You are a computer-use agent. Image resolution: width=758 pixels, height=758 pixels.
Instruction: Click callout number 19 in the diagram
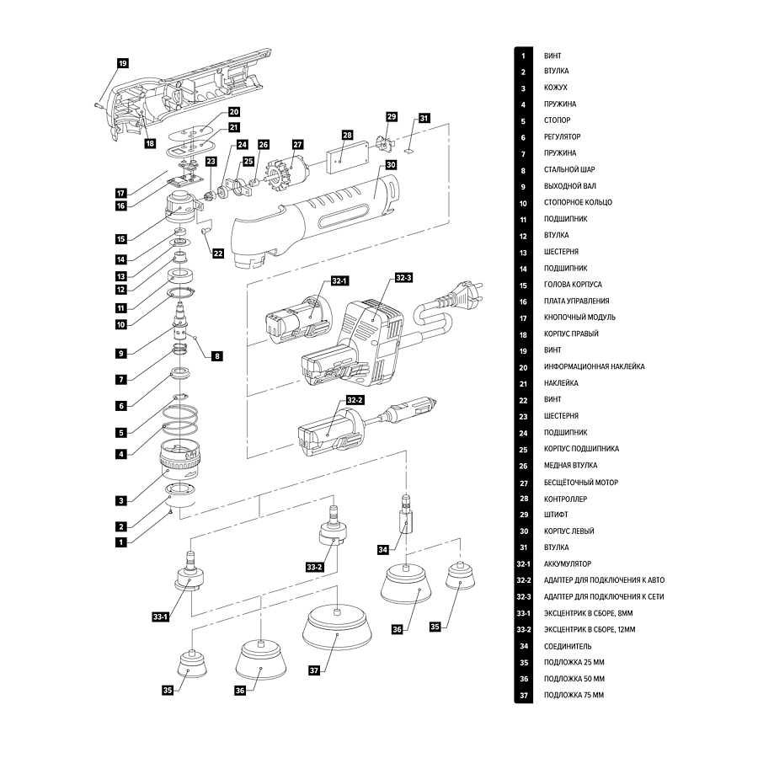[122, 63]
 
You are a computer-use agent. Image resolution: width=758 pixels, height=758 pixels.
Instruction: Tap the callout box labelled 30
[391, 165]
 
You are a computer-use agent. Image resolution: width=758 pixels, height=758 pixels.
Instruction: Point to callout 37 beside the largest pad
[314, 670]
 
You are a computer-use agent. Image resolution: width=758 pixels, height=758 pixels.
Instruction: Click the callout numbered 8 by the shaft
[216, 356]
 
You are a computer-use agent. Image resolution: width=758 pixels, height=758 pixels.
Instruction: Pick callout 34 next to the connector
[383, 550]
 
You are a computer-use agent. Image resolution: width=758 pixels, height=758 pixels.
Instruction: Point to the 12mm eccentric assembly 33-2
[333, 532]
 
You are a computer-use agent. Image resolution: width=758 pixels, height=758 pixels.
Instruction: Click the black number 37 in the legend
[523, 696]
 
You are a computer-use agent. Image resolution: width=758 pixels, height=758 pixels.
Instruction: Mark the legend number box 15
[523, 285]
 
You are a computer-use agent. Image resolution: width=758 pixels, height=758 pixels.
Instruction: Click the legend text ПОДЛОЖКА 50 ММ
[574, 679]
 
